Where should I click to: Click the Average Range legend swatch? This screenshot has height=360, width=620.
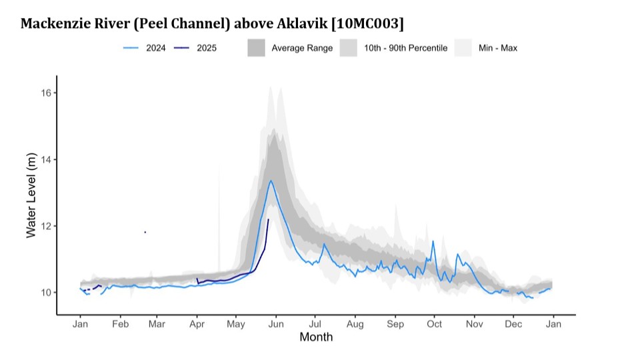(x=256, y=48)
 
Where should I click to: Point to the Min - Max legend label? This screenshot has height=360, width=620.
(x=497, y=48)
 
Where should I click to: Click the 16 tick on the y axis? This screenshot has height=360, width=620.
(x=47, y=93)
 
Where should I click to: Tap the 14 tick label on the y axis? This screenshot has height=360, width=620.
(x=47, y=159)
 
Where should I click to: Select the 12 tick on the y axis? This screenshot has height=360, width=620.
(x=47, y=226)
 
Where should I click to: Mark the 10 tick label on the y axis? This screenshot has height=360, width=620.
(x=47, y=293)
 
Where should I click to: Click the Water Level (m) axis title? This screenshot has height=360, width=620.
(x=31, y=193)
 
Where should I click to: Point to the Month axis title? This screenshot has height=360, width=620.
(x=316, y=337)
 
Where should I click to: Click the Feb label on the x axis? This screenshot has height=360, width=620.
(x=120, y=324)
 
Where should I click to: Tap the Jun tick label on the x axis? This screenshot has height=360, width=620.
(x=276, y=324)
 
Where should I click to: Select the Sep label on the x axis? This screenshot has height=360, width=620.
(x=395, y=324)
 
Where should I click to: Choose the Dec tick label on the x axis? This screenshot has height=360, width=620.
(x=513, y=324)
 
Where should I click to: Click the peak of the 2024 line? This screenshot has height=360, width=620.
(x=271, y=181)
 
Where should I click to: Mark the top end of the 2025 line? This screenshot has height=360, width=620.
(x=268, y=219)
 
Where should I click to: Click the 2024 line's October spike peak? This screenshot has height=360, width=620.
(x=433, y=241)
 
